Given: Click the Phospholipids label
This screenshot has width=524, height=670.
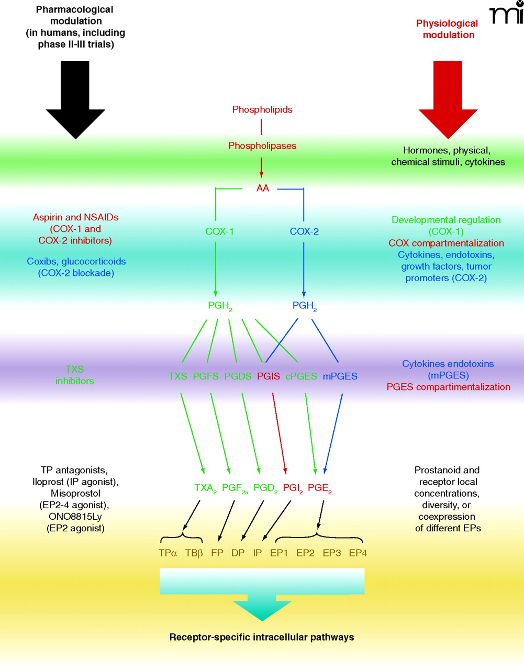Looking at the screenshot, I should (x=262, y=109).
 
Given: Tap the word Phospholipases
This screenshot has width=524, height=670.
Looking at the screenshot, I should (x=262, y=146).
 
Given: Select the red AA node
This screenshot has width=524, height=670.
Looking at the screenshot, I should (x=262, y=188).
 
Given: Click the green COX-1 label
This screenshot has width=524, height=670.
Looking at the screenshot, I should (x=219, y=231).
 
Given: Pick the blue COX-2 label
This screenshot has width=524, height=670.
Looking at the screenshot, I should (x=304, y=231).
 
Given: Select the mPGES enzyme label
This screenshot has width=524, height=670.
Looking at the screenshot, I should (x=340, y=376).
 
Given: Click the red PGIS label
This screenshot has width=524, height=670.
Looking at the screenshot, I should (x=269, y=376).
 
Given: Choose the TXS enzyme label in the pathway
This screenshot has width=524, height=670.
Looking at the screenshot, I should (x=178, y=376).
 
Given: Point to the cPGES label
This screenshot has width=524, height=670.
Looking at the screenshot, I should (x=301, y=376).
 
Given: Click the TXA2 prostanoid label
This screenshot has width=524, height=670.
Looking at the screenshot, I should (x=205, y=488).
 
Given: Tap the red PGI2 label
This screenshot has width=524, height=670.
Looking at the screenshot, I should (x=293, y=488).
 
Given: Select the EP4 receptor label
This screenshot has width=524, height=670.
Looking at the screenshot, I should (x=358, y=553).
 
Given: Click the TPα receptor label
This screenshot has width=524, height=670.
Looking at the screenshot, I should (x=168, y=553).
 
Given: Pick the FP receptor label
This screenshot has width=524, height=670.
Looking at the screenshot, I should (x=217, y=553).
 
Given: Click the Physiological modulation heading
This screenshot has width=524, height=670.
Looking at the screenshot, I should (x=448, y=29).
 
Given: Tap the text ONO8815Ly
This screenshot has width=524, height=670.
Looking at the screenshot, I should (x=75, y=517).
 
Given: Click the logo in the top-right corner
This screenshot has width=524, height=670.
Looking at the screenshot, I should (x=506, y=15).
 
